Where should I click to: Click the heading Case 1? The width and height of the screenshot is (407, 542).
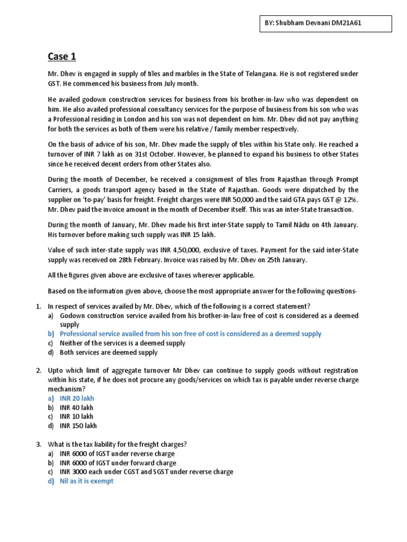[63, 56]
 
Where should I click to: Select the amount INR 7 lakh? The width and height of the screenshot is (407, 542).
[90, 154]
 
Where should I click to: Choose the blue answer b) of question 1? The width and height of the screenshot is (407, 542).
[190, 333]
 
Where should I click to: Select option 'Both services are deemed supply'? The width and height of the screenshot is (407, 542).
[109, 353]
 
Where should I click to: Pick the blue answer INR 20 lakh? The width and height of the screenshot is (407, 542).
[77, 398]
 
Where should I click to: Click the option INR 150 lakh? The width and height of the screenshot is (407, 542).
[79, 426]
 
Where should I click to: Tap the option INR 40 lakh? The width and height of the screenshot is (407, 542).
[77, 408]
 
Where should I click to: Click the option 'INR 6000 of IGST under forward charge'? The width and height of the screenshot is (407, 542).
[117, 463]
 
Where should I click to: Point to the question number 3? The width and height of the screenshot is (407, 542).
[38, 444]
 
